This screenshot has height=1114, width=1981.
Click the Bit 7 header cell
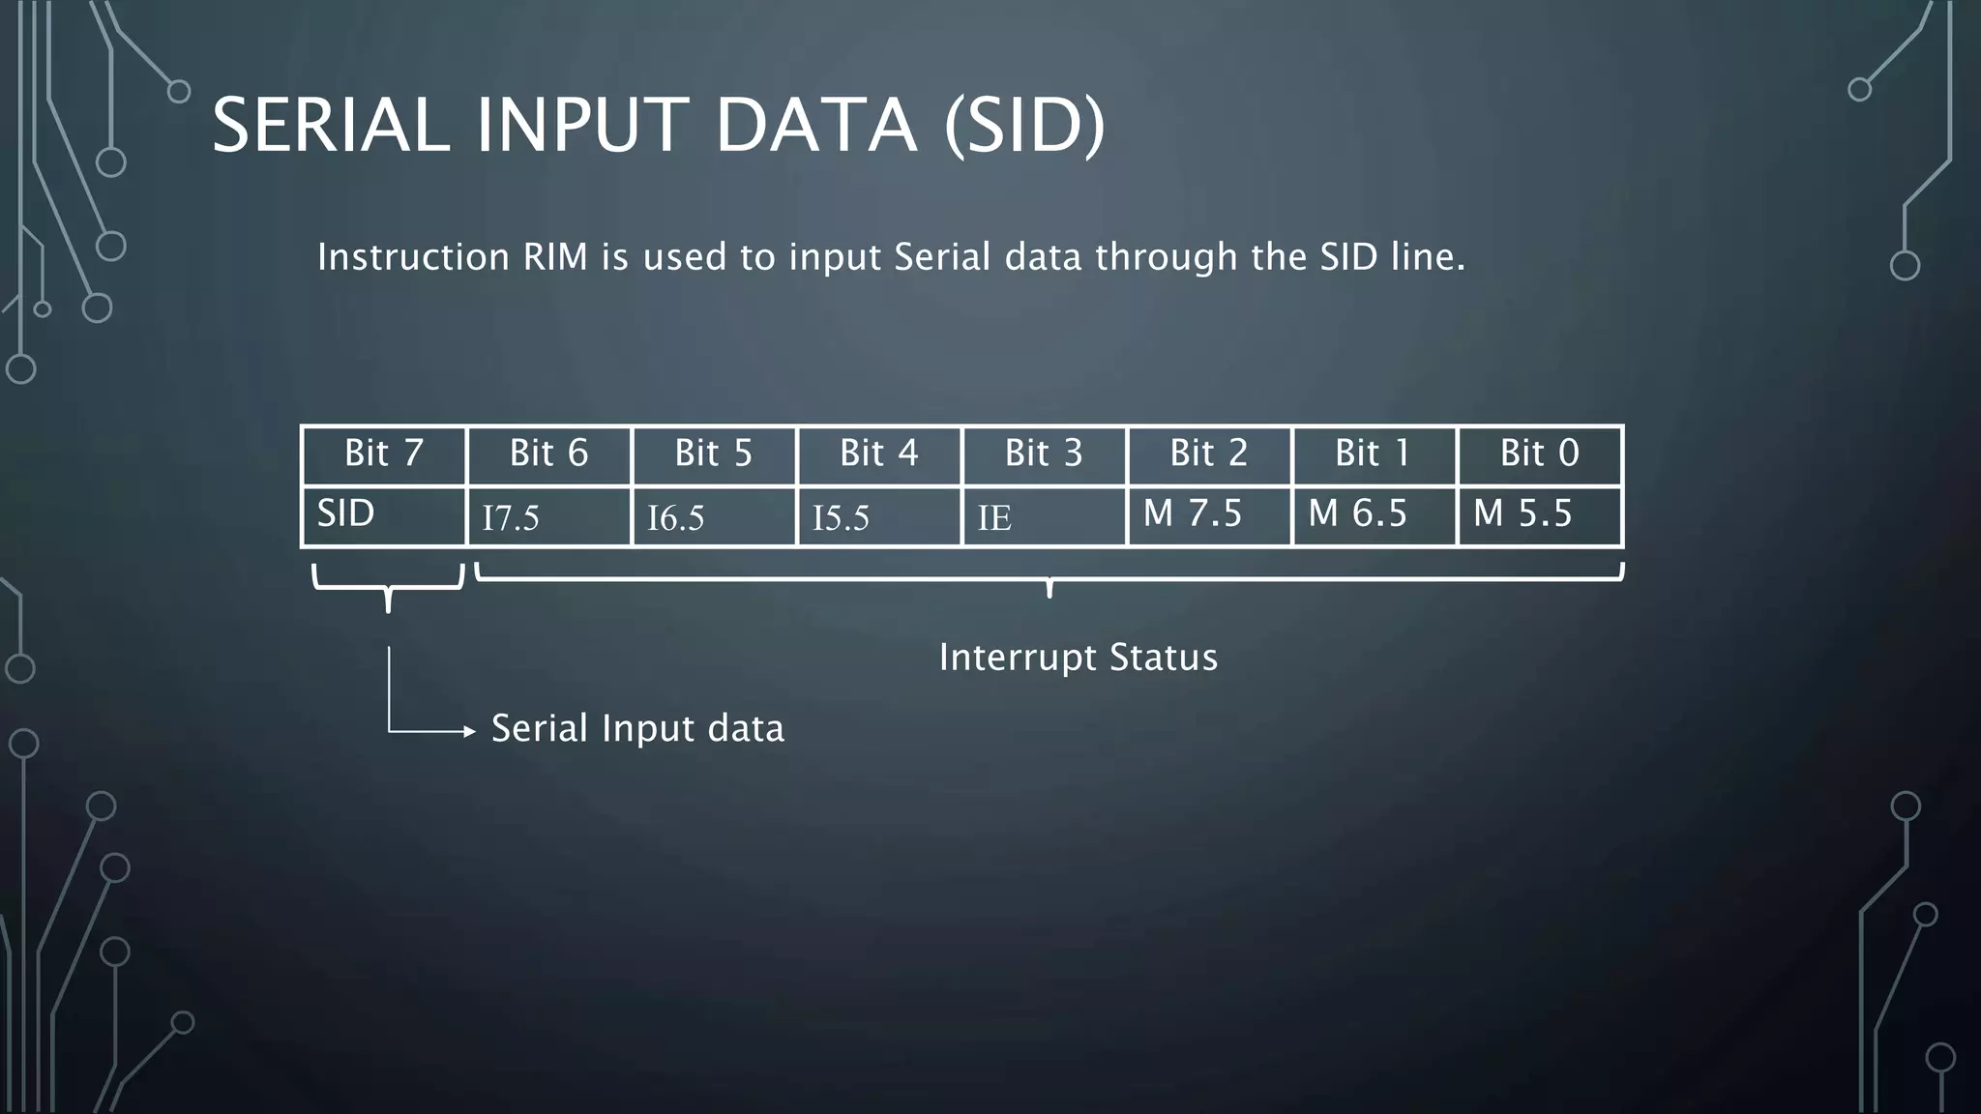coord(384,454)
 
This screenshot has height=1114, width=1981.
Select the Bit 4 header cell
coord(878,454)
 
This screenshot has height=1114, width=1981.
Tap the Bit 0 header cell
coord(1539,454)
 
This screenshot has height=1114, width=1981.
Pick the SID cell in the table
coord(384,515)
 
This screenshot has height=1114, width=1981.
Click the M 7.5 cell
coord(1208,515)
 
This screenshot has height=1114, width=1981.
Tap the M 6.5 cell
coord(1374,515)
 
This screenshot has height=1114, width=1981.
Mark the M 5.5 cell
coord(1539,515)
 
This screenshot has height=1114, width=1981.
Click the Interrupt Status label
coord(1078,658)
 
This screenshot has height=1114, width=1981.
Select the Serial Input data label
coord(637,728)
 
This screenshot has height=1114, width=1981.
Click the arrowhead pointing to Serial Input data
coord(470,732)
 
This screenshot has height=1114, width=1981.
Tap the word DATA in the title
coord(816,126)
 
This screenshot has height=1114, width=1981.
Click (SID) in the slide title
coord(1023,126)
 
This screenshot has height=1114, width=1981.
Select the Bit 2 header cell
coord(1208,454)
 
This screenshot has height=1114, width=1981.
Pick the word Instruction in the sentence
coord(413,257)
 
